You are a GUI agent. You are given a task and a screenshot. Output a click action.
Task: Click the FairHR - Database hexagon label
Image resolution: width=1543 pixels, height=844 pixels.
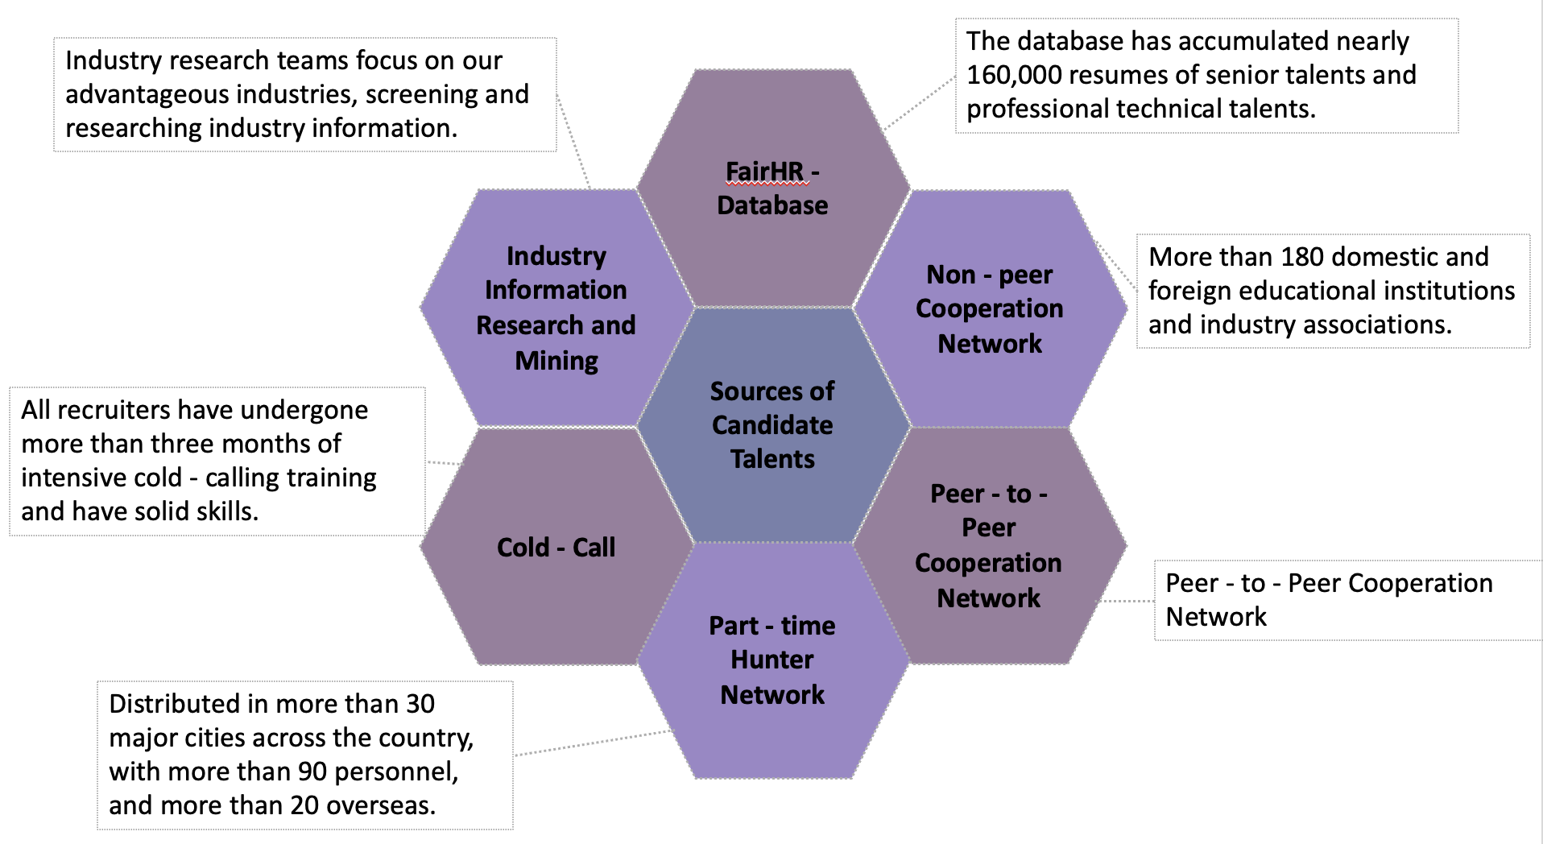(772, 188)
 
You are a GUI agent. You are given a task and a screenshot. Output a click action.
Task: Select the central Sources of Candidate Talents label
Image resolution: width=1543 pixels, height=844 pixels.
(772, 425)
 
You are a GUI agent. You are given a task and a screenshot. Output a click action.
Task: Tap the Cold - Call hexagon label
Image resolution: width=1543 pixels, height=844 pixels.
(556, 548)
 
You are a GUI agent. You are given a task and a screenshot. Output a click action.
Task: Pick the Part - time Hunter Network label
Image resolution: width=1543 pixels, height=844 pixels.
(772, 660)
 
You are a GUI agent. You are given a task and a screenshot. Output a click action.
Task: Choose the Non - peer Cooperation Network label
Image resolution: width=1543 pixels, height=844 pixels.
(989, 309)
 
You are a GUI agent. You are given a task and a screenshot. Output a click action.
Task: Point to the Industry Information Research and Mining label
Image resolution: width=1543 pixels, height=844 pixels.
(556, 308)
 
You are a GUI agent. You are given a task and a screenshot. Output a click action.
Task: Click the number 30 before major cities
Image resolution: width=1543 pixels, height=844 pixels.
(420, 704)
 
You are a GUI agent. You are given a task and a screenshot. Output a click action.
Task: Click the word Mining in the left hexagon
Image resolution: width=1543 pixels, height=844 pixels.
(556, 361)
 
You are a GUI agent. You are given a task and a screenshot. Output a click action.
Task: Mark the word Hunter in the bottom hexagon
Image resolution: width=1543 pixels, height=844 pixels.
(772, 660)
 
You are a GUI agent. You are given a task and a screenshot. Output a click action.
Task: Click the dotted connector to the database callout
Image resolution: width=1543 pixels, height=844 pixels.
(919, 104)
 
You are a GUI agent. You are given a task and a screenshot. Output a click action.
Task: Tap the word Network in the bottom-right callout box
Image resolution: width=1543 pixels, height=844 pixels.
(1216, 617)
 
